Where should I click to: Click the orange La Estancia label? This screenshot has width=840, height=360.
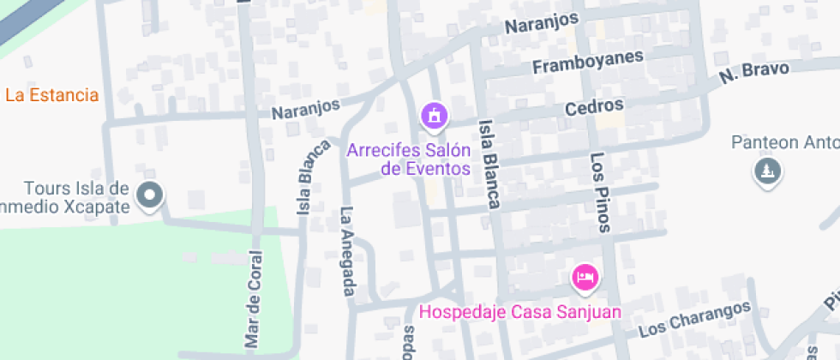pyautogui.click(x=51, y=95)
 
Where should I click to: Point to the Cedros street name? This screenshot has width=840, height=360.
pyautogui.click(x=593, y=107)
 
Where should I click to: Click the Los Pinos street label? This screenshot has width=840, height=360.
pyautogui.click(x=600, y=193)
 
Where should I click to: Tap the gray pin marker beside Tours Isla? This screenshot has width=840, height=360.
pyautogui.click(x=151, y=195)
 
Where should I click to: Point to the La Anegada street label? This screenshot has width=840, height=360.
pyautogui.click(x=348, y=251)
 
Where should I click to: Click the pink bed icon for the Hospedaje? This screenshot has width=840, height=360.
pyautogui.click(x=585, y=277)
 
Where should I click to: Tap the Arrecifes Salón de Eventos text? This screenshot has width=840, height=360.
pyautogui.click(x=409, y=159)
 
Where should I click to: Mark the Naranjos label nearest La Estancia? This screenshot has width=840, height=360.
pyautogui.click(x=305, y=110)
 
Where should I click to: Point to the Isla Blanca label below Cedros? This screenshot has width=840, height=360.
pyautogui.click(x=489, y=164)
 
